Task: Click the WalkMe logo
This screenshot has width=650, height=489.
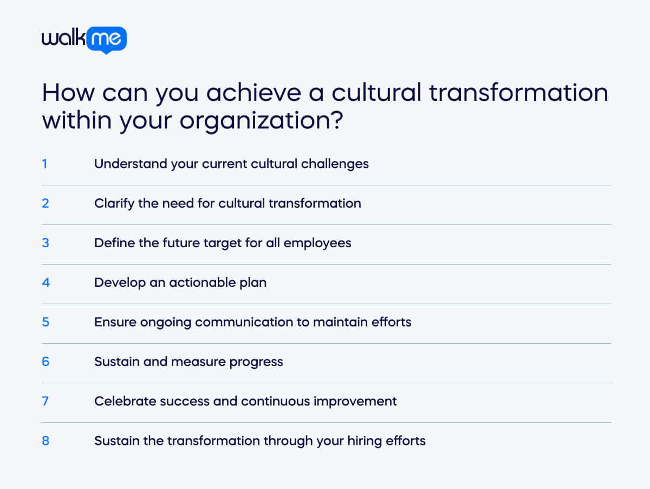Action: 84,39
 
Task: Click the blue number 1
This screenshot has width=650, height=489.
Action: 45,163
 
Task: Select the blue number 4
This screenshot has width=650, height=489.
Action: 45,282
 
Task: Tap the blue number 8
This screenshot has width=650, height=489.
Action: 45,441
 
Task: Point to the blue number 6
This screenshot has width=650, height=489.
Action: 45,362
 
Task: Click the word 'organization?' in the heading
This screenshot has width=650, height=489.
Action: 261,120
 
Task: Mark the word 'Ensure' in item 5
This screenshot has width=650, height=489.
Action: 114,322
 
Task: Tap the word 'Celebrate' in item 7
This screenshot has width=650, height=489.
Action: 122,401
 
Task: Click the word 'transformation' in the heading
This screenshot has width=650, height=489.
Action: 518,93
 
